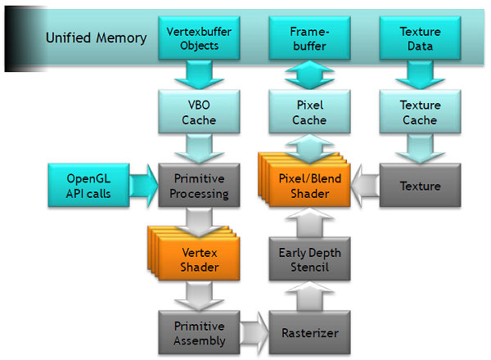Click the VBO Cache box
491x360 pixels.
click(198, 113)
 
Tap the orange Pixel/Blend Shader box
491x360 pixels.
click(309, 187)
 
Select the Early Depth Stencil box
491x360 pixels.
click(309, 260)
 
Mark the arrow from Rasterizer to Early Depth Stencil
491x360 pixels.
click(309, 297)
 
